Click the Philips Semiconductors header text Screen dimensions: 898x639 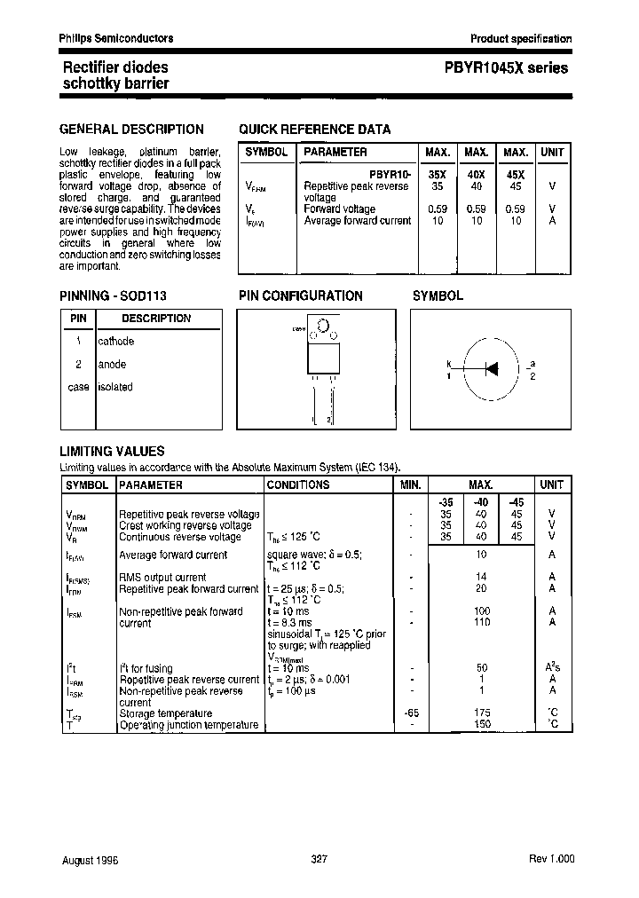point(116,38)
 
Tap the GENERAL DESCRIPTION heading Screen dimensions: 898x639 point(131,130)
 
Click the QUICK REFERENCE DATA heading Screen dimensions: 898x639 point(314,130)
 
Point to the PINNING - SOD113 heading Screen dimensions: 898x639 point(113,296)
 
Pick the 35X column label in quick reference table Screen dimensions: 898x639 point(437,176)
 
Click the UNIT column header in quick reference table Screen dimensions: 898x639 point(552,153)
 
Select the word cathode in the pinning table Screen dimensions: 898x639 point(115,342)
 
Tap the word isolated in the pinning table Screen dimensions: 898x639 point(114,387)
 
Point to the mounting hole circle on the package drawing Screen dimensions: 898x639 point(322,327)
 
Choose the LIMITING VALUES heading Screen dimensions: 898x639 point(112,452)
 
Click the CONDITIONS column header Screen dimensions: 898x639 point(298,485)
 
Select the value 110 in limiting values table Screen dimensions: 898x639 point(481,623)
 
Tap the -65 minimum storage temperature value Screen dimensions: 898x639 point(409,713)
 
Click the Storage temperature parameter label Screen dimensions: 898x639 point(165,713)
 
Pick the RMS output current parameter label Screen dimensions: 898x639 point(162,578)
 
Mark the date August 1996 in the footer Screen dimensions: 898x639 point(90,861)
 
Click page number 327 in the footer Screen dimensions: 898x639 point(320,861)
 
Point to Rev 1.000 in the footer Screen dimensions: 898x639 point(551,861)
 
